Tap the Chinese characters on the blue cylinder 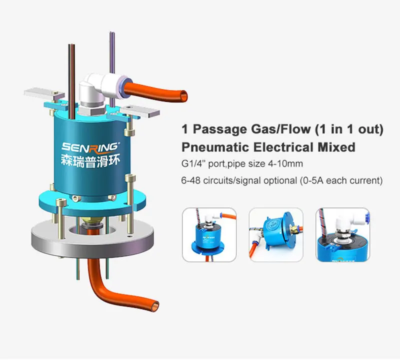[90, 161]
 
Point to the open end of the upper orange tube [183, 96]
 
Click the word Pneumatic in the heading [214, 147]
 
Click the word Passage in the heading [219, 129]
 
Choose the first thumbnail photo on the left [209, 234]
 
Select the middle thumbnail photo [276, 234]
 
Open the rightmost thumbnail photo [342, 234]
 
